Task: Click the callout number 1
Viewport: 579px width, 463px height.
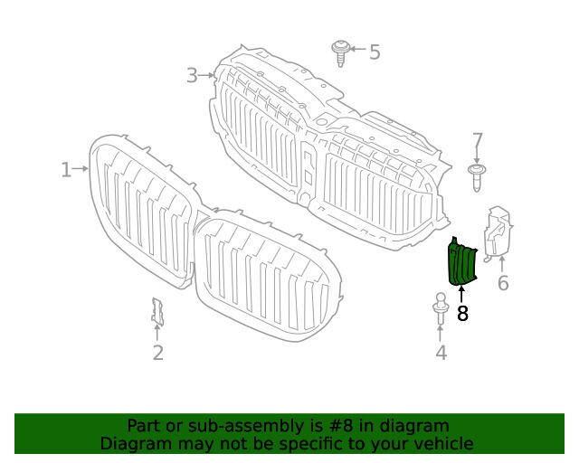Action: [66, 170]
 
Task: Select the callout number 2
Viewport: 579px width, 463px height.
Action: [158, 353]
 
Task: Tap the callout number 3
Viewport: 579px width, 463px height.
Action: [192, 76]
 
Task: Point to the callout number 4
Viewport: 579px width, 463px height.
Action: [441, 353]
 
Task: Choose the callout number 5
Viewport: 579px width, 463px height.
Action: [375, 52]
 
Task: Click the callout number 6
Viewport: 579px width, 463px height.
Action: [503, 283]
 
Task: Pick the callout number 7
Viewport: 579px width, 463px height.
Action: [478, 141]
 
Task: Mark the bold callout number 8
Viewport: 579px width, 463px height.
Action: [462, 314]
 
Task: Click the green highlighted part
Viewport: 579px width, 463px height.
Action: [461, 263]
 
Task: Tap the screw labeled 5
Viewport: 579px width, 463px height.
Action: [340, 52]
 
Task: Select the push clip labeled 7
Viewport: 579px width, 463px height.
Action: [477, 177]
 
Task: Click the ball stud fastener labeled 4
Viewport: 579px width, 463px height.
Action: [441, 308]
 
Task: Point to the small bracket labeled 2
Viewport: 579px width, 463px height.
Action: [157, 312]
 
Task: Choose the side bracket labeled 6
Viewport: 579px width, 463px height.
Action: [498, 233]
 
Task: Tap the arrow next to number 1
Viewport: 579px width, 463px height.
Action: [81, 169]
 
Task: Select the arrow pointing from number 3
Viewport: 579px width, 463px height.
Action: [206, 76]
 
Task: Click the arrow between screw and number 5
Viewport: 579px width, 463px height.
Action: [358, 49]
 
